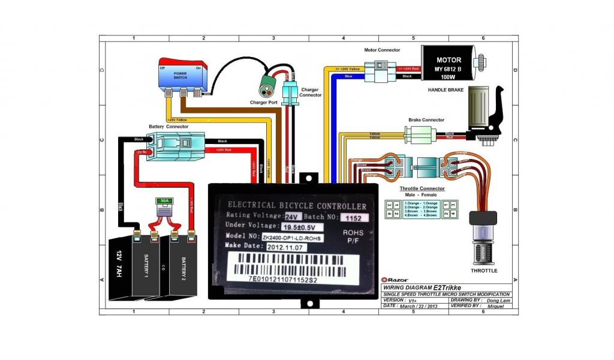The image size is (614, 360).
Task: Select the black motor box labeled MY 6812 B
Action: click(x=449, y=63)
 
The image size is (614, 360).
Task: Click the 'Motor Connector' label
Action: click(x=382, y=50)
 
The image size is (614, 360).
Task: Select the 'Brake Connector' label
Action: click(x=426, y=120)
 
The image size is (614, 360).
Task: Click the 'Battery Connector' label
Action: click(x=168, y=127)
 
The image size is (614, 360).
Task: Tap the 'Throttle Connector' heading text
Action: click(x=422, y=188)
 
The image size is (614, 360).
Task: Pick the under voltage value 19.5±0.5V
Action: click(x=302, y=227)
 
